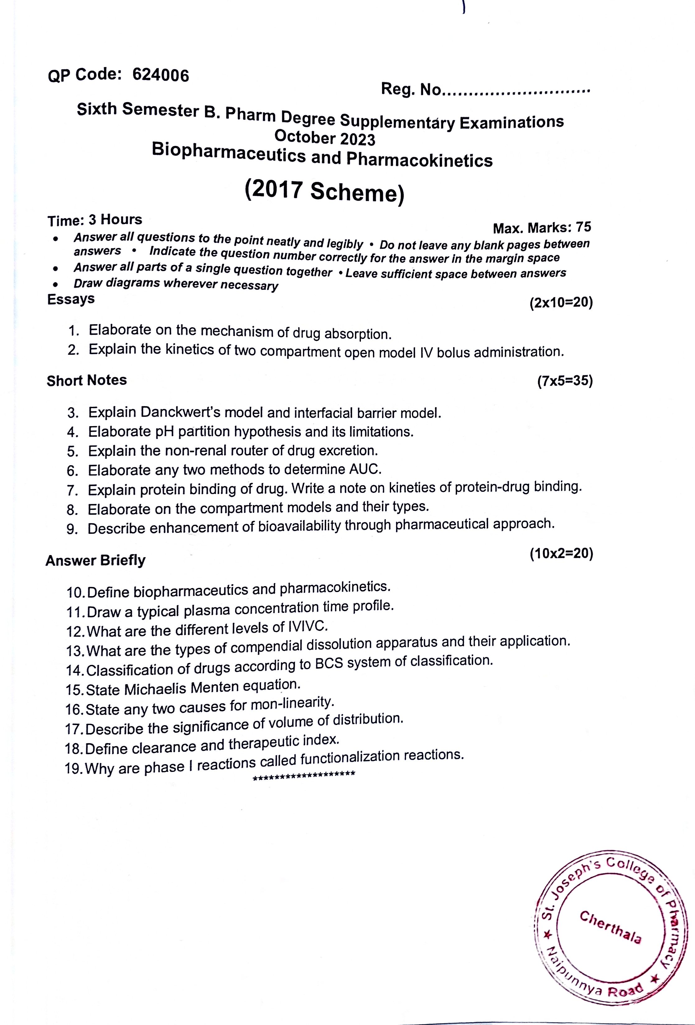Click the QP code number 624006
(x=161, y=75)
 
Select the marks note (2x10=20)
(x=561, y=303)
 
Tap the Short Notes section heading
(x=87, y=380)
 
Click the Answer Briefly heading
(x=95, y=561)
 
